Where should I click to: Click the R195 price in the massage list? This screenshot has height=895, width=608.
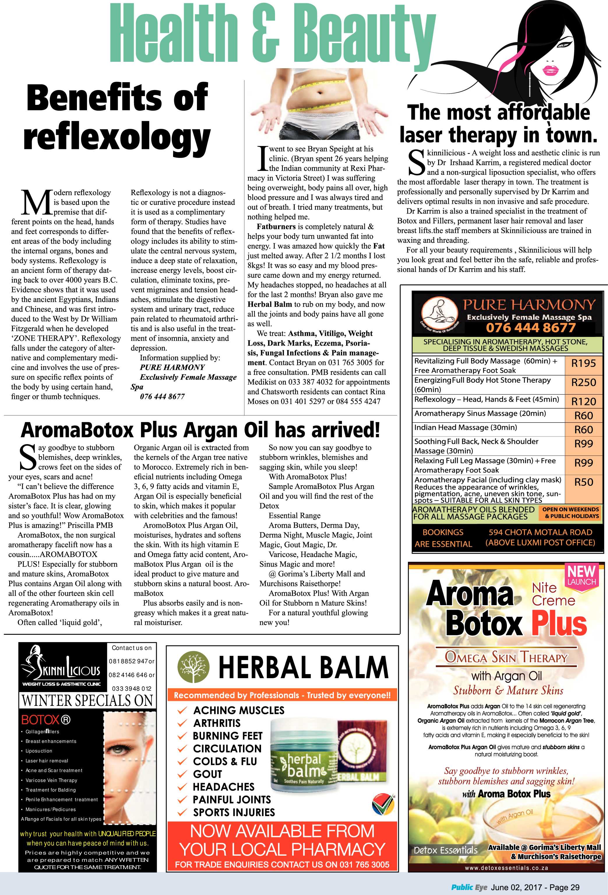click(583, 363)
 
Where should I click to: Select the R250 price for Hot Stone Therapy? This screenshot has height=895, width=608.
click(583, 382)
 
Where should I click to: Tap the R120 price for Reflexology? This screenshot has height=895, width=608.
click(583, 401)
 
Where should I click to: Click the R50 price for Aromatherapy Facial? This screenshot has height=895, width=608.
click(583, 482)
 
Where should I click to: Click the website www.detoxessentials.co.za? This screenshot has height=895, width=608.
click(506, 868)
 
